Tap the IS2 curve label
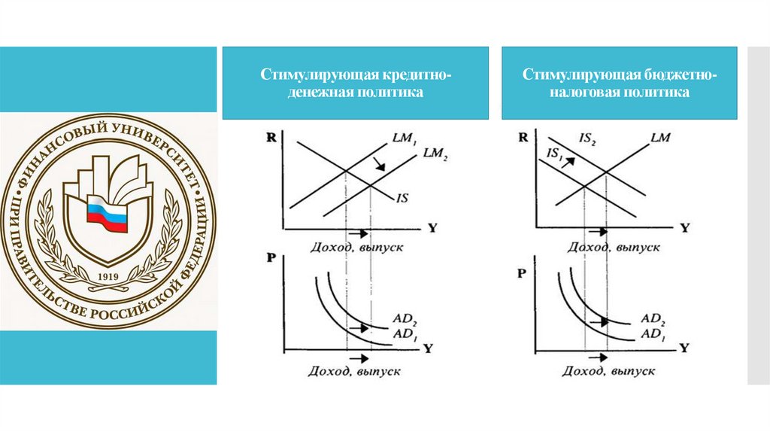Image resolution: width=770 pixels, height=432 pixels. point(588,140)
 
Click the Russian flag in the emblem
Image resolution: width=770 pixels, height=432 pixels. point(108,212)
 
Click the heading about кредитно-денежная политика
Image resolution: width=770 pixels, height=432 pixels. point(356,84)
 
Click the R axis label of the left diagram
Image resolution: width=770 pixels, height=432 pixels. point(270,138)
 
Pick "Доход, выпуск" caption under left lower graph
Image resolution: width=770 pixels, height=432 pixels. point(354,371)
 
